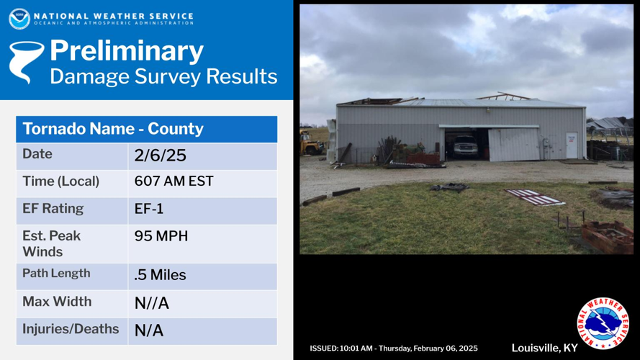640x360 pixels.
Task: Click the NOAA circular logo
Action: (x=19, y=19)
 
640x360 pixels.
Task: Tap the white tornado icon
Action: (x=25, y=62)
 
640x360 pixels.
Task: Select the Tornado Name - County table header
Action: (x=113, y=129)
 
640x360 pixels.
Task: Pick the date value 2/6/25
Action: (x=160, y=156)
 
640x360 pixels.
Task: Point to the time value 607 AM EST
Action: (x=174, y=181)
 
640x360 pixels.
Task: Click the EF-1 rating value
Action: (x=149, y=209)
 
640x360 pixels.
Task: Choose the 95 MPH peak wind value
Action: (x=161, y=236)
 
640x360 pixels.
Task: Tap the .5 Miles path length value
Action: (x=160, y=275)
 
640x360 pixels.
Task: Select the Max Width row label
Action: (x=57, y=301)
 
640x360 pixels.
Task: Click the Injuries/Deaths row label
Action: (x=71, y=329)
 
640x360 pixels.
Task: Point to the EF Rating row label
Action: (x=53, y=209)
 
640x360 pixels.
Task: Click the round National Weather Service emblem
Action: (x=603, y=323)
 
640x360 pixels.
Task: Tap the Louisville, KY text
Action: (x=544, y=348)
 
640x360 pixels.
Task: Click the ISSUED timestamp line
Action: (x=394, y=348)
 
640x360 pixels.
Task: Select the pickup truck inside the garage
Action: (x=464, y=146)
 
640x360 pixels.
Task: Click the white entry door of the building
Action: (x=572, y=145)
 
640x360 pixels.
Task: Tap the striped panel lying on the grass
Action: (x=534, y=197)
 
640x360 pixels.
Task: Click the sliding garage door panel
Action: (x=514, y=145)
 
